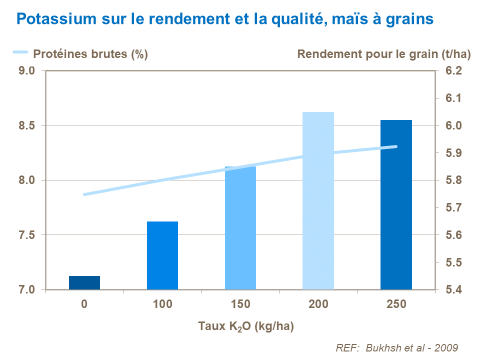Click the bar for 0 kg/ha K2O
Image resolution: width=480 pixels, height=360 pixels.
pos(84,282)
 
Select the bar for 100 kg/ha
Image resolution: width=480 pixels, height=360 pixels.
pos(162,255)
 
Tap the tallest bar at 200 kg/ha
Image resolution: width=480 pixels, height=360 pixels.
pos(318,200)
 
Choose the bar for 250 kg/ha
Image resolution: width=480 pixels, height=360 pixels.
pos(396,205)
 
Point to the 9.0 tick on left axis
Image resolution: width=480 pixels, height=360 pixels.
pos(26,71)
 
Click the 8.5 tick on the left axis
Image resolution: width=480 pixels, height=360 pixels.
pos(26,125)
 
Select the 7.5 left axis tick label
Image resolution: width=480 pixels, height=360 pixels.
pos(26,235)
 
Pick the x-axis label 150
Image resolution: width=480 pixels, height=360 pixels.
pos(240,304)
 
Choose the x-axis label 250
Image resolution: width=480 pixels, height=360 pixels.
pos(396,304)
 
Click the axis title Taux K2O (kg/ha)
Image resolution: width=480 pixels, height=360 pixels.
pos(245,327)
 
